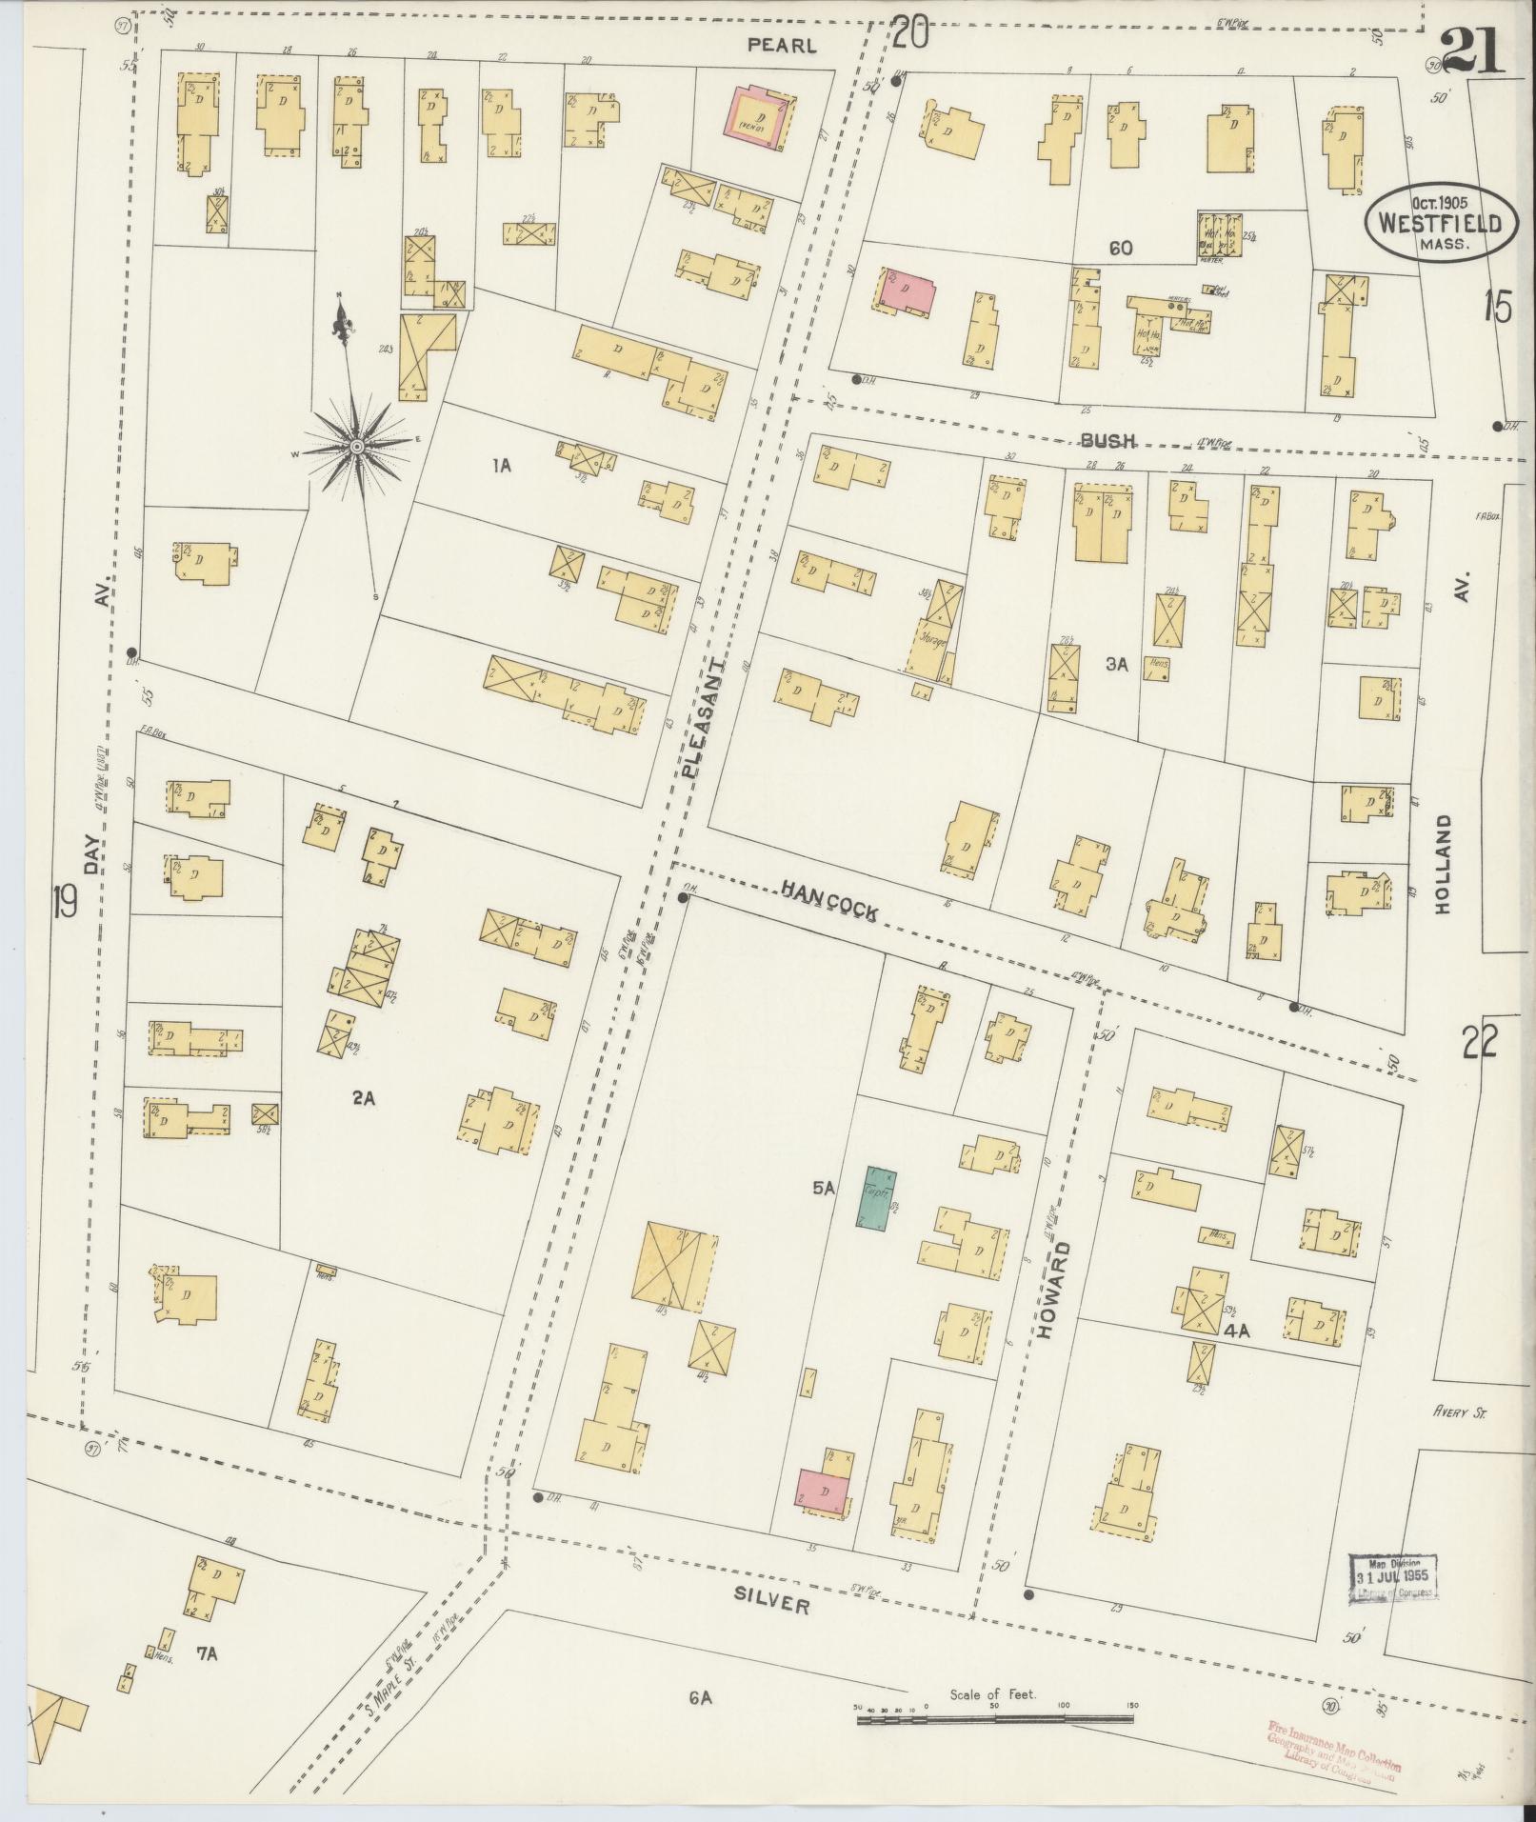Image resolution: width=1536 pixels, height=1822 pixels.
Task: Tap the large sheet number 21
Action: [1471, 52]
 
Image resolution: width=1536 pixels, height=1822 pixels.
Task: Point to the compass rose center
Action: [356, 446]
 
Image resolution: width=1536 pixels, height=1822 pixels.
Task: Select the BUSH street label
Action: [1107, 439]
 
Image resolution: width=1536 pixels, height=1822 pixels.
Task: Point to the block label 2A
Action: [363, 1098]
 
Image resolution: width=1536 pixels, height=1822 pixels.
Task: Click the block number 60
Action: [1120, 249]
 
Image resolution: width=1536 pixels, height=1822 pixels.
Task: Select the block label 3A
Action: [1116, 665]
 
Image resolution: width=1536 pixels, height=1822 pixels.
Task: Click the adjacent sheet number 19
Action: [65, 900]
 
